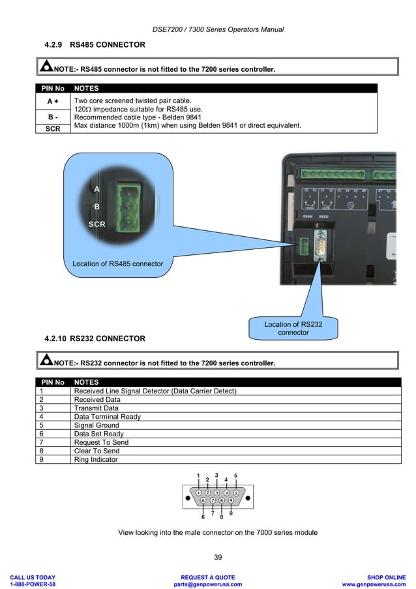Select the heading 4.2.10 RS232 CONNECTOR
click(95, 339)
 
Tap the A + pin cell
click(53, 102)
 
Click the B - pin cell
click(53, 117)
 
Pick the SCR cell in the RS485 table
click(53, 129)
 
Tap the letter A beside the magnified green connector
click(97, 189)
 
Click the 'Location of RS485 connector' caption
click(118, 264)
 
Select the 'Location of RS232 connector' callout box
click(293, 328)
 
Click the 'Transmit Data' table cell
click(97, 408)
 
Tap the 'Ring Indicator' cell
click(96, 459)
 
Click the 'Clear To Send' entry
click(97, 451)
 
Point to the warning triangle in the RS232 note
click(46, 361)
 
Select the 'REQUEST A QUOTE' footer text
click(207, 577)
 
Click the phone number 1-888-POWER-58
click(33, 584)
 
